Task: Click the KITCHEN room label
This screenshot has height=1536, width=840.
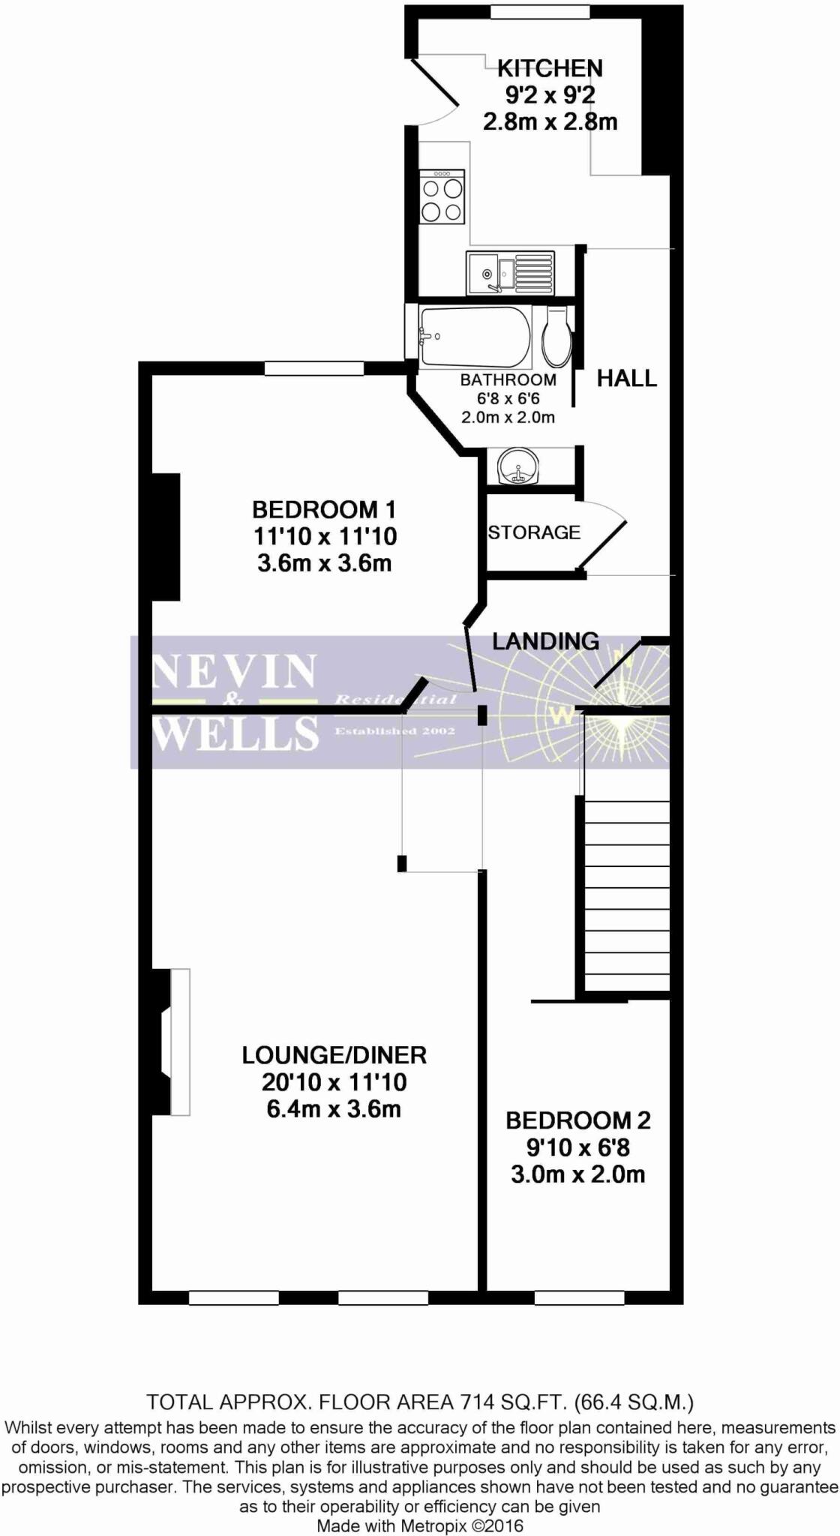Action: click(550, 68)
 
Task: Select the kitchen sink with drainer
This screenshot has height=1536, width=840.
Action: click(511, 272)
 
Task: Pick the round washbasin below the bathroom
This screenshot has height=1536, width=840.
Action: click(517, 466)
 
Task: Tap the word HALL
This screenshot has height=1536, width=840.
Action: click(626, 378)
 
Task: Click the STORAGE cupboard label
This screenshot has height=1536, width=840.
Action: click(534, 532)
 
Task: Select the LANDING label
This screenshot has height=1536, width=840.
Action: click(545, 641)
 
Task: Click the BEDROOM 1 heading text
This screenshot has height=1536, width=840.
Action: click(323, 510)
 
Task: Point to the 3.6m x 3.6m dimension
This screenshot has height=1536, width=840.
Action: click(324, 563)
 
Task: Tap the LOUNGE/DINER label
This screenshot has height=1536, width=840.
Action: click(334, 1055)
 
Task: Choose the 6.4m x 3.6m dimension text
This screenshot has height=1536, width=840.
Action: click(334, 1108)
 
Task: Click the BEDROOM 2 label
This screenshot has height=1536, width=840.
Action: click(577, 1120)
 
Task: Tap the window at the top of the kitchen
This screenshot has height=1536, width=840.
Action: click(539, 12)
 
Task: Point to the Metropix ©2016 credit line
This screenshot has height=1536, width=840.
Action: click(420, 1525)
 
